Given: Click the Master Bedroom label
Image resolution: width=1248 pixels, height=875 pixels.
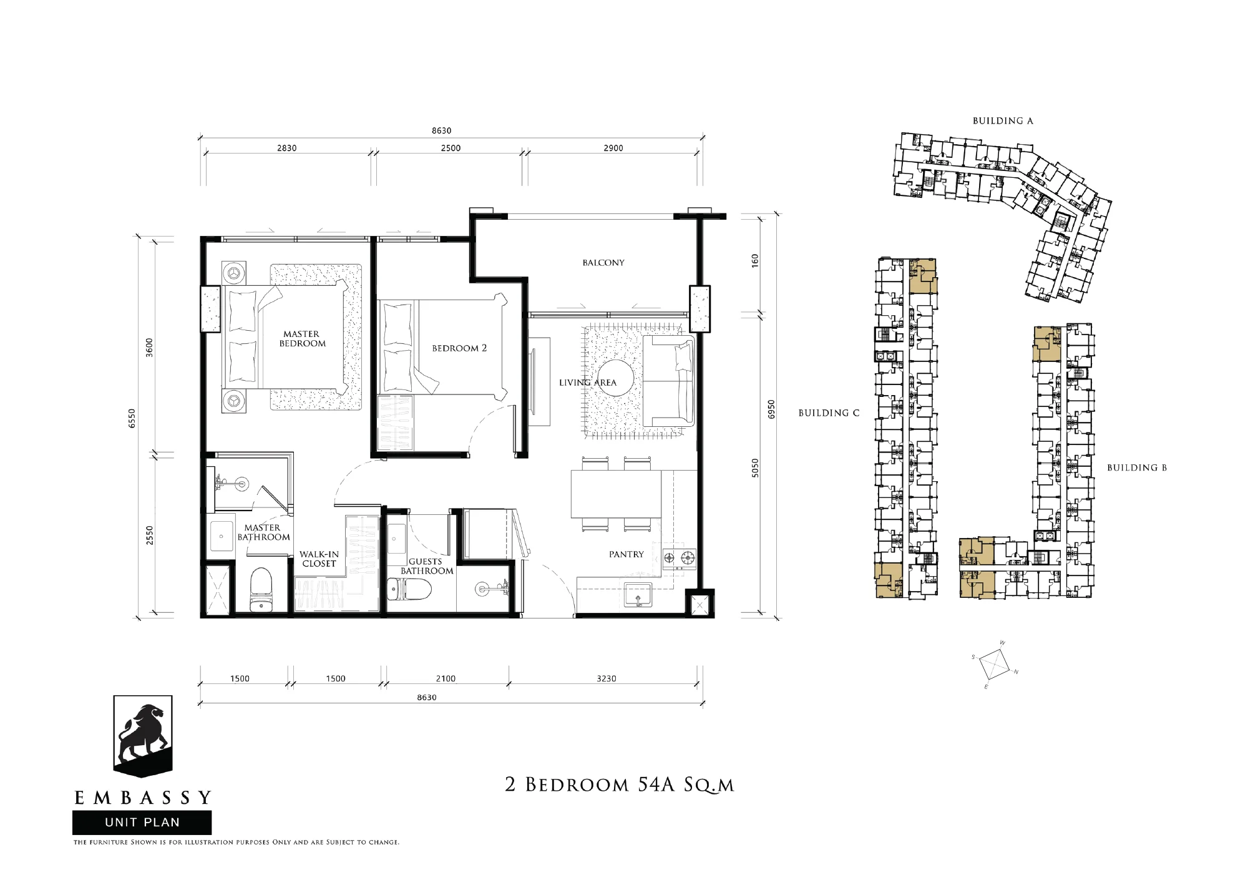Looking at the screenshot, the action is click(x=302, y=339).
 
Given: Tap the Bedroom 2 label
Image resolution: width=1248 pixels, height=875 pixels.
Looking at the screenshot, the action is click(x=459, y=348).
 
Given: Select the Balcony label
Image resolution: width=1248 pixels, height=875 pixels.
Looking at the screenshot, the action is click(x=603, y=263).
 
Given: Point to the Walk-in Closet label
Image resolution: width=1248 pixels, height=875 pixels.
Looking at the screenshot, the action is click(x=319, y=559).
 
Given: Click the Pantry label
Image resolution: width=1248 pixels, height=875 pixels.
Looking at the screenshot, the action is click(x=626, y=554).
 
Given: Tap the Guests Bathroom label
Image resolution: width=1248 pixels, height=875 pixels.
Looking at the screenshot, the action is click(x=427, y=566).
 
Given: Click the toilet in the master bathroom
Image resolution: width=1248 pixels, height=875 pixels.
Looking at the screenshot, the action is click(x=261, y=589).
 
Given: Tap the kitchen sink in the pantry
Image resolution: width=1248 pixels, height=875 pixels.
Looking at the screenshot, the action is click(x=638, y=595).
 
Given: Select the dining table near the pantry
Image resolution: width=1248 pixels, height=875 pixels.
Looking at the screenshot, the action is click(x=616, y=494).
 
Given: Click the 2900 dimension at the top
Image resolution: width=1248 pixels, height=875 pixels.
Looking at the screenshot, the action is click(x=613, y=148).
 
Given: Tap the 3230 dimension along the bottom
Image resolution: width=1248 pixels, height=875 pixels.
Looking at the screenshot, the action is click(x=607, y=678).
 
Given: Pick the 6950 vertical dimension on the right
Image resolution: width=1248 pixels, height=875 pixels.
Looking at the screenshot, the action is click(x=771, y=409).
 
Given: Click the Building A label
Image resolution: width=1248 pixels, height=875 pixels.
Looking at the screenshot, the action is click(x=1003, y=121).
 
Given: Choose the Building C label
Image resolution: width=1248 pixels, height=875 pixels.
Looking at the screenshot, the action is click(x=829, y=413).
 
